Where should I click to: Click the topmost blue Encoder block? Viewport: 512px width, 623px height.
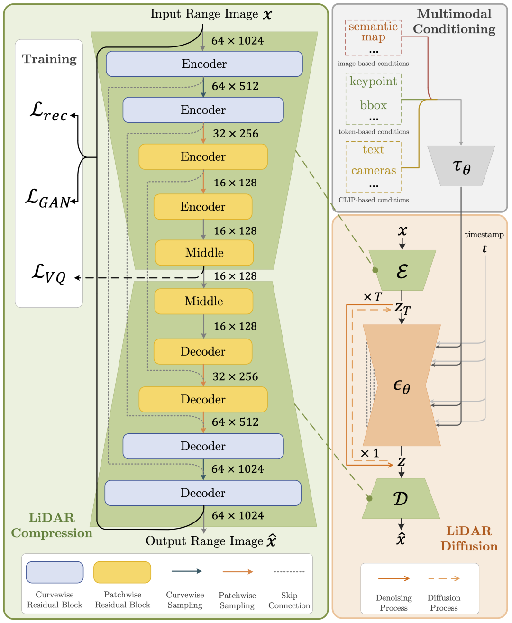(204, 64)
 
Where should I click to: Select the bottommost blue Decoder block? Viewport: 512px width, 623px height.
(203, 493)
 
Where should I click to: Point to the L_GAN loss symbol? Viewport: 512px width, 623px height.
(48, 198)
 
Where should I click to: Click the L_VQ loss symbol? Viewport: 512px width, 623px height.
(48, 274)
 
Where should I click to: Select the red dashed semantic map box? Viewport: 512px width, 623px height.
(374, 37)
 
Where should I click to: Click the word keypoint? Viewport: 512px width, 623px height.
(374, 82)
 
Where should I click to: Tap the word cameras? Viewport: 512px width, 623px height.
(374, 171)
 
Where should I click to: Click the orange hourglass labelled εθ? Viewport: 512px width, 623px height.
(402, 385)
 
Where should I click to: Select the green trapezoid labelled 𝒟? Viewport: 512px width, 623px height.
(401, 498)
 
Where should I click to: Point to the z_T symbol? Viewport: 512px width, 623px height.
(402, 308)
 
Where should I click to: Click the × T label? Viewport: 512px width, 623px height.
(373, 297)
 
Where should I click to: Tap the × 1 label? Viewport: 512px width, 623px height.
(370, 454)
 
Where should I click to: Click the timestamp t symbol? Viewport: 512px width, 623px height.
(485, 248)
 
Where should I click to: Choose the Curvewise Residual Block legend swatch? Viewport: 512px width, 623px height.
(55, 572)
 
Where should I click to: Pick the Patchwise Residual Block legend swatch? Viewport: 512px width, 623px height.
(122, 572)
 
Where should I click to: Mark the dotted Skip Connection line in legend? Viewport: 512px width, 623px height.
(289, 572)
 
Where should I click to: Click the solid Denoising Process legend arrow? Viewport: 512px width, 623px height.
(393, 578)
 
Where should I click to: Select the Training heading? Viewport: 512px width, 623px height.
(49, 59)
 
